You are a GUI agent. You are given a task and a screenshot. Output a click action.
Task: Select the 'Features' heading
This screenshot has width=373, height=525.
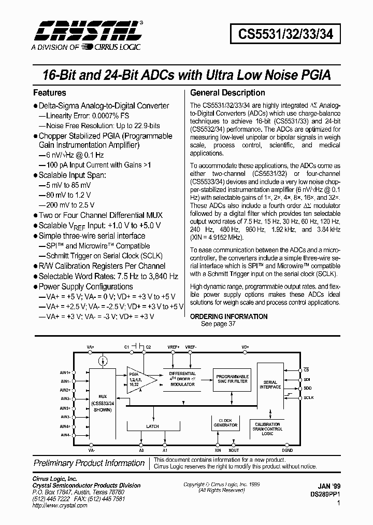[x=50, y=93]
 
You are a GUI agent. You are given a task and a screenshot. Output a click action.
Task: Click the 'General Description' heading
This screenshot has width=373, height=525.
[x=228, y=93]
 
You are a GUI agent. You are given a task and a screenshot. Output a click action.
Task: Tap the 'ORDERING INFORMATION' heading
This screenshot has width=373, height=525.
[x=229, y=316]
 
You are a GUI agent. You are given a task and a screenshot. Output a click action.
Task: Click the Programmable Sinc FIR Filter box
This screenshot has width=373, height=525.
[x=232, y=379]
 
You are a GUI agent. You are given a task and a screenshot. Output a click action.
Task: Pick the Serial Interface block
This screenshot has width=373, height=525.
[x=270, y=384]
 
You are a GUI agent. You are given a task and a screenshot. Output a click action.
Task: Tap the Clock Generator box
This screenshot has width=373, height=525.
[x=225, y=423]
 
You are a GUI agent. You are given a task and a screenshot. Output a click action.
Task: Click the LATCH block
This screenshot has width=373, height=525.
[x=153, y=426]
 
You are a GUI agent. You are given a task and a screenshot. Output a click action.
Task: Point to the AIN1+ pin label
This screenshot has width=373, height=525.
[x=65, y=372]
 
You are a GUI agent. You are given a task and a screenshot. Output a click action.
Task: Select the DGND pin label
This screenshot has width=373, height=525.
[x=287, y=451]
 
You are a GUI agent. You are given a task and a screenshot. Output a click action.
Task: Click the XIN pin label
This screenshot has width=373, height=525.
[x=218, y=451]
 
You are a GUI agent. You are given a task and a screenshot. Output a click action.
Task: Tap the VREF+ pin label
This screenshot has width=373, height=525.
[x=174, y=346]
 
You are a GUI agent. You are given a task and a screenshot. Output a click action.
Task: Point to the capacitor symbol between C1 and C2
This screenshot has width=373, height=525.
[x=137, y=346]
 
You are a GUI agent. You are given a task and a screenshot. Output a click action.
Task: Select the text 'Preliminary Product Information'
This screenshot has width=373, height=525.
[x=89, y=463]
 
